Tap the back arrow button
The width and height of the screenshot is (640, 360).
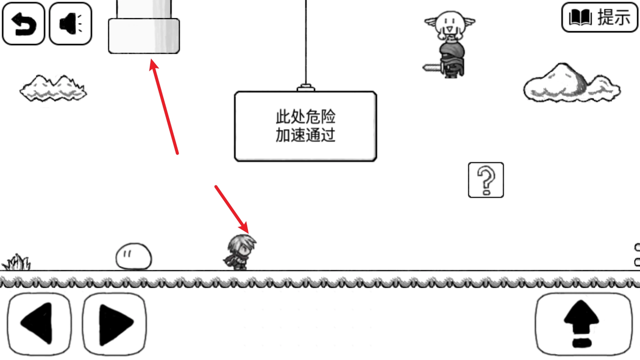[x=23, y=24]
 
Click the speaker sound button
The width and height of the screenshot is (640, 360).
[x=70, y=24]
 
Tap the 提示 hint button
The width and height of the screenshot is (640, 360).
[x=599, y=17]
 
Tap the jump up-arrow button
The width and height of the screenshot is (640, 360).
[x=583, y=324]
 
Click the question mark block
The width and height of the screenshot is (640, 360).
[x=486, y=180]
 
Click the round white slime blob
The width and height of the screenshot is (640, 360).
[x=133, y=256]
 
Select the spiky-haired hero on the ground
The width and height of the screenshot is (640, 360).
[x=240, y=252]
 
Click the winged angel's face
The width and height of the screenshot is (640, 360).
[x=449, y=23]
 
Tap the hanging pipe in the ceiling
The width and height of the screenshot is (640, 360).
[x=144, y=32]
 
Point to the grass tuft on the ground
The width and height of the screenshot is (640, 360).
[x=17, y=263]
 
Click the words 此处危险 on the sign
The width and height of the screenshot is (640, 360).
[x=305, y=117]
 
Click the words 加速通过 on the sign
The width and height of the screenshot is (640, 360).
[x=305, y=135]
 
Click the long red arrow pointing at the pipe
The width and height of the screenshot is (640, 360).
[x=164, y=106]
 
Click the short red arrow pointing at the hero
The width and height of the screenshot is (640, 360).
[x=231, y=209]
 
